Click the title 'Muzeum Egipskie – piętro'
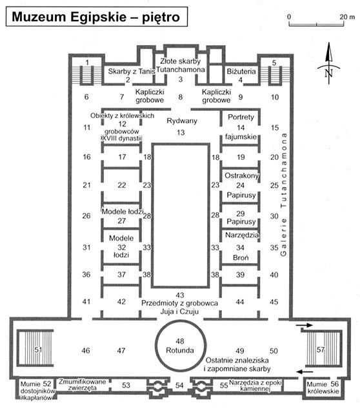point(95,17)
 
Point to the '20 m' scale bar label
point(347,17)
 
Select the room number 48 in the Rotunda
point(180,341)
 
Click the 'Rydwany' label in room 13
point(182,121)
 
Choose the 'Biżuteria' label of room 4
point(241,72)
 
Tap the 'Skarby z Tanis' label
point(132,72)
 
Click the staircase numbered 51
point(35,348)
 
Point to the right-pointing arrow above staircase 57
point(305,325)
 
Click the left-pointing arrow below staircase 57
point(305,371)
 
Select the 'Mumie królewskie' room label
point(323,388)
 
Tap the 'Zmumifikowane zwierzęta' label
point(82,384)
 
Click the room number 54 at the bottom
point(179,385)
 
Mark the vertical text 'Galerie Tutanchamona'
point(284,195)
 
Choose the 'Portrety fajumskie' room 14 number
point(241,128)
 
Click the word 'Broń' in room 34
point(241,257)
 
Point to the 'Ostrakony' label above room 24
point(242,175)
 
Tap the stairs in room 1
point(87,75)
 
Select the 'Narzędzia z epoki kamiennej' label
point(255,386)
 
